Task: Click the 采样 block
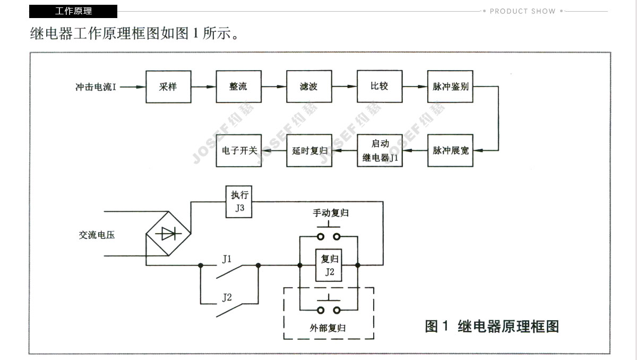[x=168, y=86]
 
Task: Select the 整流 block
[x=238, y=86]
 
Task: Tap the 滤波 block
[x=309, y=86]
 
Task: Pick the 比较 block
[x=380, y=86]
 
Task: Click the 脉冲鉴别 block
[x=450, y=86]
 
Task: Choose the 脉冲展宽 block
[x=450, y=150]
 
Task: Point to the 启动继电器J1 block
[x=380, y=150]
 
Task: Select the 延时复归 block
[x=309, y=150]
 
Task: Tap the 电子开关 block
[x=238, y=150]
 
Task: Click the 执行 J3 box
[x=239, y=202]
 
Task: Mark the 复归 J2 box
[x=329, y=265]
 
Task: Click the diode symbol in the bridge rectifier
[x=169, y=233]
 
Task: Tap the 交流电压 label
[x=97, y=234]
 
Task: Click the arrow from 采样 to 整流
[x=204, y=87]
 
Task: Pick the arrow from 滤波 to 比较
[x=345, y=87]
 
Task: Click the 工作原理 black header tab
[x=73, y=11]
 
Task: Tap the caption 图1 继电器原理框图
[x=492, y=326]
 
